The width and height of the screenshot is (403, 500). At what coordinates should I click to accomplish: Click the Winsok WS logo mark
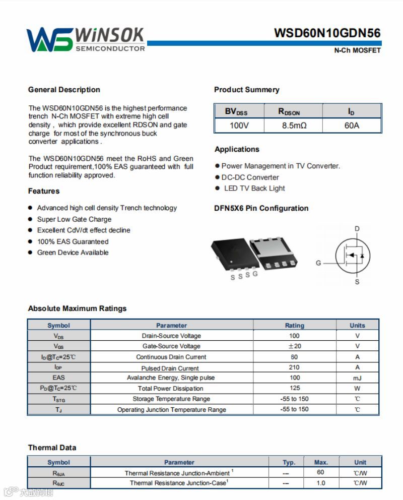[x=49, y=39]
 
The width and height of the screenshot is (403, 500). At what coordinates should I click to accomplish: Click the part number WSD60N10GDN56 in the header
[x=327, y=33]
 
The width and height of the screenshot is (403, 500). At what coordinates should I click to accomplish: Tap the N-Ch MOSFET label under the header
[x=357, y=50]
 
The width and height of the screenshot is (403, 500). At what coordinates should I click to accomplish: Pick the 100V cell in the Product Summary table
[x=239, y=125]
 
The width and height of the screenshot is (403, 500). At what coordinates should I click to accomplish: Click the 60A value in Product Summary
[x=352, y=125]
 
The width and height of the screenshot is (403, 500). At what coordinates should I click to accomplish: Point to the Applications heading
[x=237, y=149]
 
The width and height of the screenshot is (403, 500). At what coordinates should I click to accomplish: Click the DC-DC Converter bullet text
[x=250, y=177]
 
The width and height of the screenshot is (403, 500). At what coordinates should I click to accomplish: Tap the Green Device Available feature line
[x=73, y=253]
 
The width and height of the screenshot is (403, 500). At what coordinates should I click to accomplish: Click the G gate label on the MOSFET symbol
[x=318, y=263]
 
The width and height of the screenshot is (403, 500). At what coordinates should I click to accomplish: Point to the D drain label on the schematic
[x=357, y=229]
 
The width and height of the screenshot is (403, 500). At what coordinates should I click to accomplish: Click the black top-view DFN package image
[x=229, y=255]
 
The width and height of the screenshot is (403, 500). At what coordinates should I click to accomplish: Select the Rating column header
[x=295, y=326]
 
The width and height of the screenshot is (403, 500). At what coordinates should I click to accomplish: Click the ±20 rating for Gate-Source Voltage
[x=295, y=346]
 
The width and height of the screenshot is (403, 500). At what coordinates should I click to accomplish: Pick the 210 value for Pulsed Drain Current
[x=295, y=367]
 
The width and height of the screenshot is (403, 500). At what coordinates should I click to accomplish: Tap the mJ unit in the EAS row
[x=357, y=378]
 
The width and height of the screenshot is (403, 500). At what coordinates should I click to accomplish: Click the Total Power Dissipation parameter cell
[x=171, y=389]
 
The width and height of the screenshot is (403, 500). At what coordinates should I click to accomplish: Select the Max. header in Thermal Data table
[x=321, y=462]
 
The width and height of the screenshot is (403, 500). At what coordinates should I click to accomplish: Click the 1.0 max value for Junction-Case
[x=321, y=483]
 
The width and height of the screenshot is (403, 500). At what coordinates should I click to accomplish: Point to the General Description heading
[x=64, y=90]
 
